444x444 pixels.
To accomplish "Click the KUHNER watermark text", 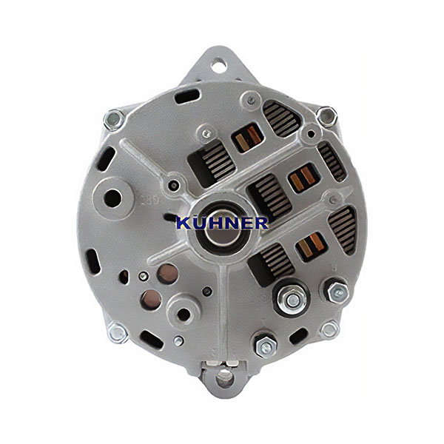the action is (x=222, y=223).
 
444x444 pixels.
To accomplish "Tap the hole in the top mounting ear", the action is (x=219, y=66).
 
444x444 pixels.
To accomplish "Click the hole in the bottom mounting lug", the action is (x=224, y=378).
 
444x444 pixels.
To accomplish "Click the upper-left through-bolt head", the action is (x=114, y=120).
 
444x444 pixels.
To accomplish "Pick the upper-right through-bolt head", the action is (x=326, y=116).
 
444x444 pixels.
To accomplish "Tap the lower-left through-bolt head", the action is (x=118, y=333).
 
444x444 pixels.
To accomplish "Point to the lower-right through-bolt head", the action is (x=329, y=329).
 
